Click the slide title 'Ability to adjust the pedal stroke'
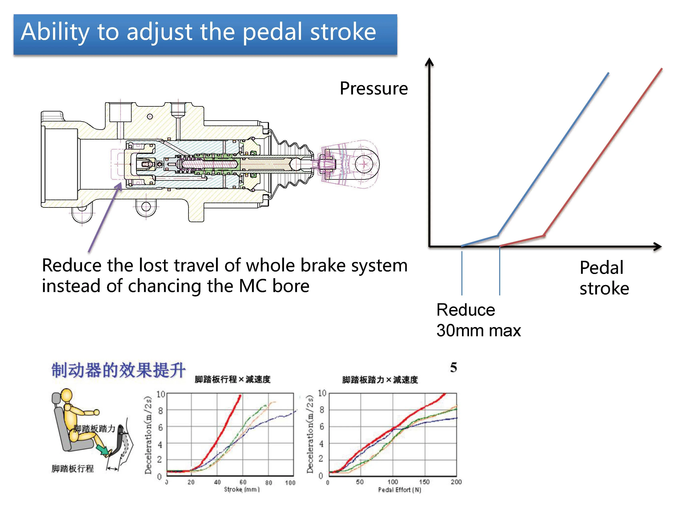pyautogui.click(x=198, y=32)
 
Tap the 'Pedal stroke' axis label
pyautogui.click(x=604, y=278)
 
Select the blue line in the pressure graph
pyautogui.click(x=552, y=155)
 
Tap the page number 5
pyautogui.click(x=453, y=367)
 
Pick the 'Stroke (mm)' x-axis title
pyautogui.click(x=242, y=490)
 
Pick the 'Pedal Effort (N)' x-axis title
pyautogui.click(x=399, y=490)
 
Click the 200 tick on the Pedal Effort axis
pyautogui.click(x=456, y=482)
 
